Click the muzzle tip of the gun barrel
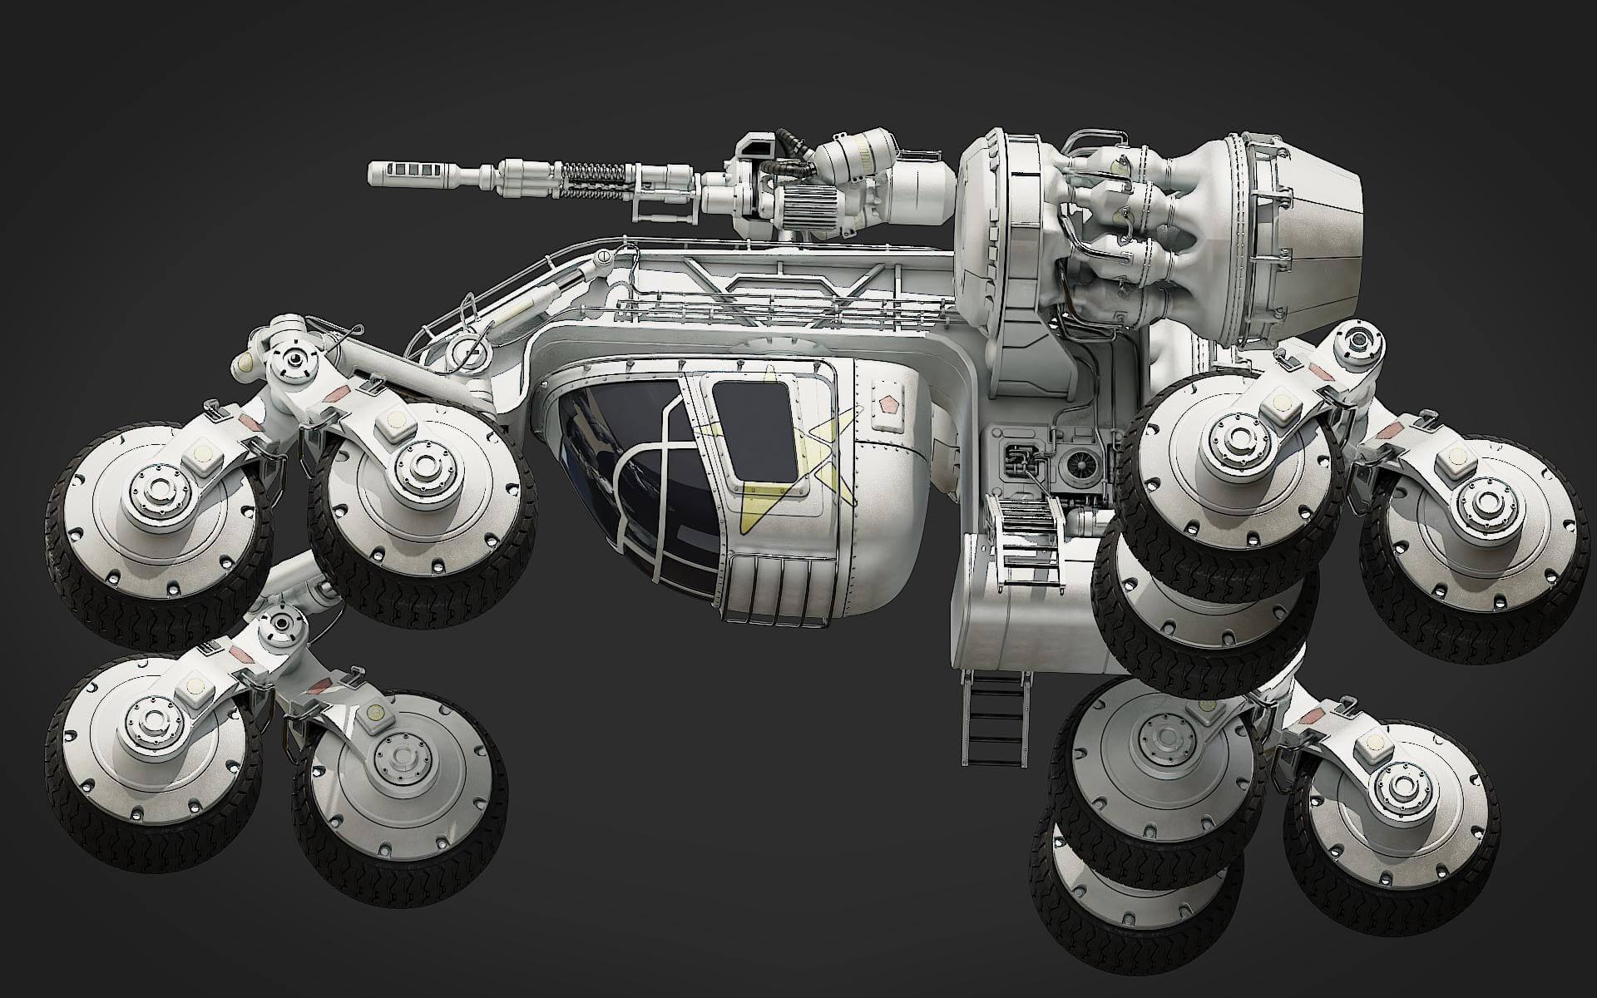pos(374,174)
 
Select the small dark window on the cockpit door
pos(754,429)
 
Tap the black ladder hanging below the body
pos(994,720)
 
